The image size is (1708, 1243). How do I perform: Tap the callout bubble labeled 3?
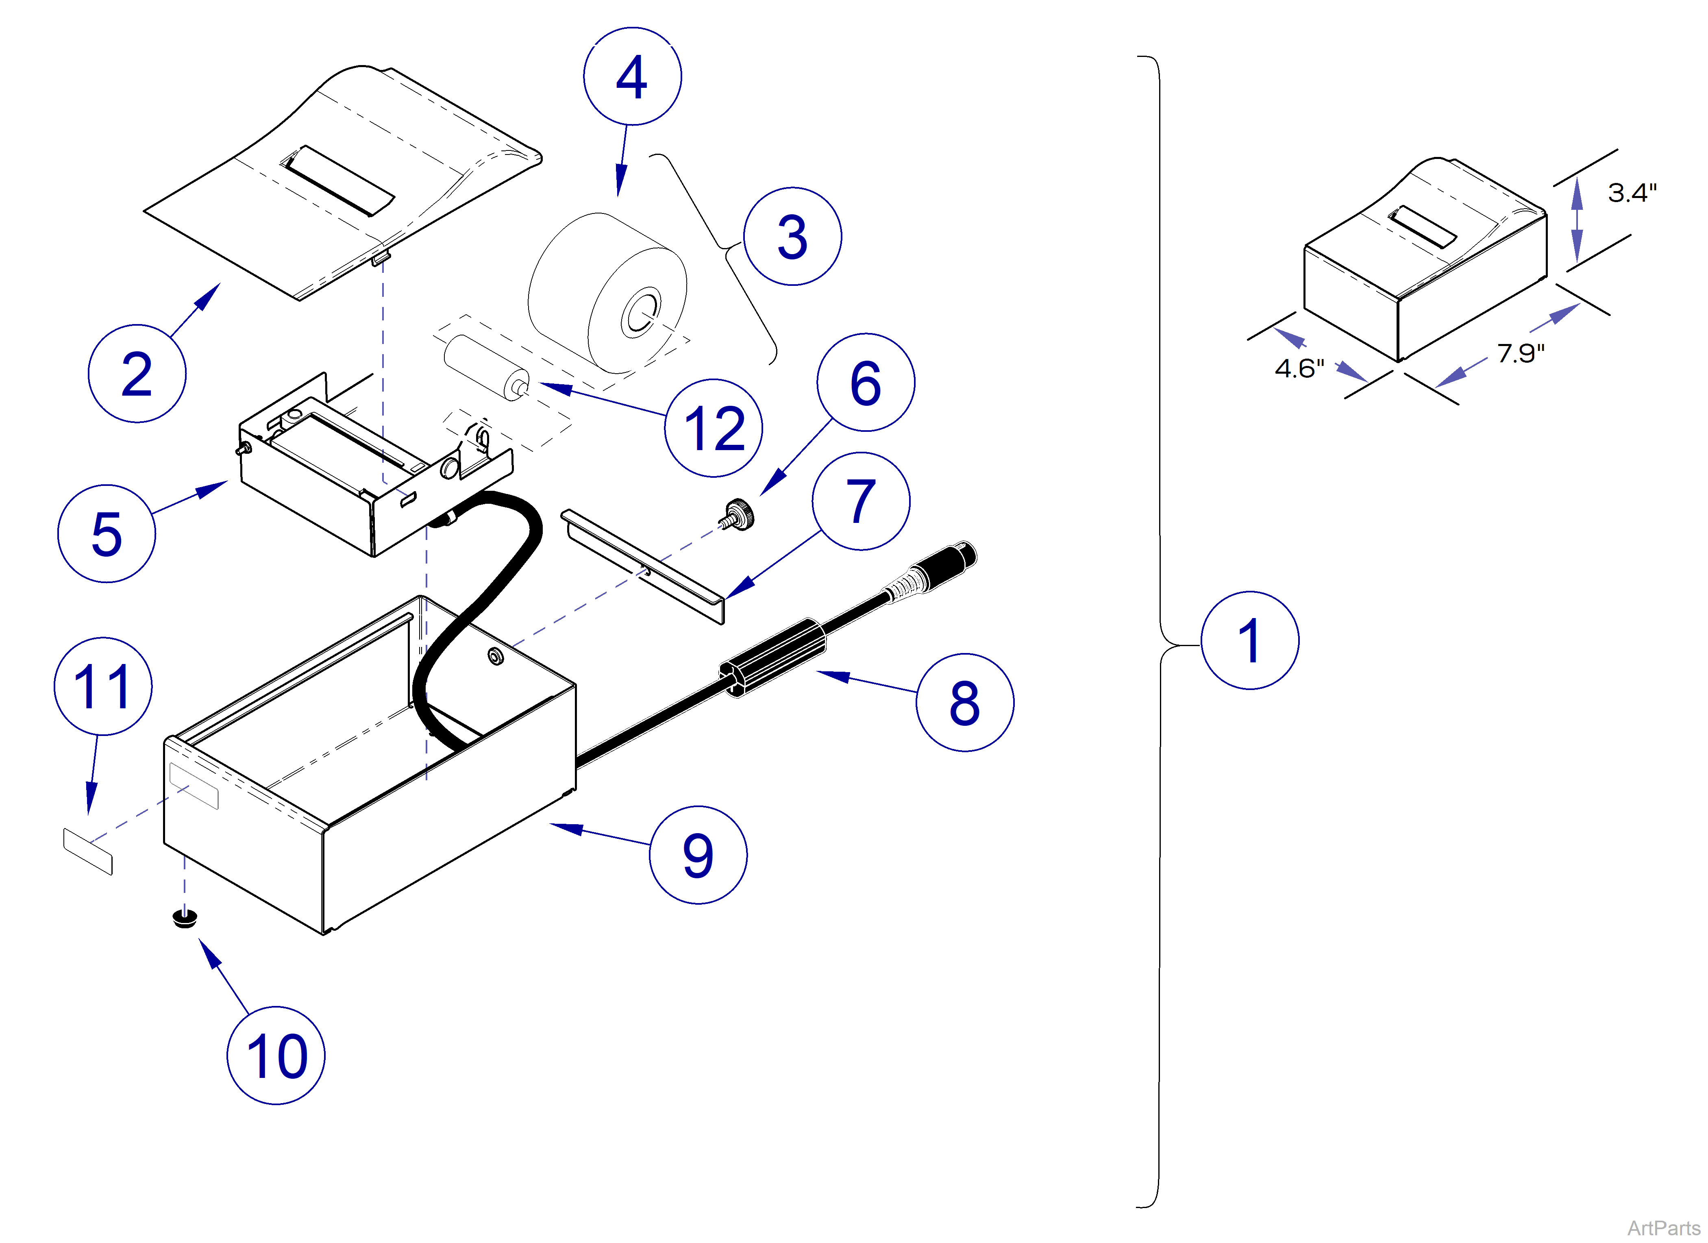point(792,237)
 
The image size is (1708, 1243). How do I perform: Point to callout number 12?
point(713,428)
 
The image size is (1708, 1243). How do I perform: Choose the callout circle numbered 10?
point(276,1056)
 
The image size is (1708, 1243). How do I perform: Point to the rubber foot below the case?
point(185,918)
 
